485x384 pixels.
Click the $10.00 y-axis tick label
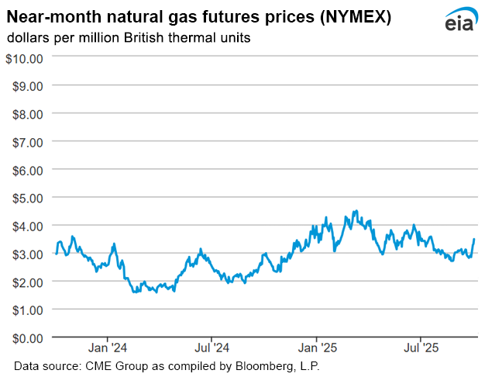[x=25, y=57]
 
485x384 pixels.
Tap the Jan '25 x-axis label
[x=316, y=348]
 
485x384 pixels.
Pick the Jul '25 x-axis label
[x=420, y=348]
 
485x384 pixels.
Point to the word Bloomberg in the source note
[x=260, y=365]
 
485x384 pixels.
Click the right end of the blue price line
[x=473, y=240]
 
